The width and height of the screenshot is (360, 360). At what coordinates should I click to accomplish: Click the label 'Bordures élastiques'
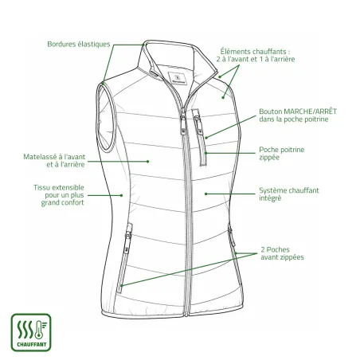pyautogui.click(x=79, y=44)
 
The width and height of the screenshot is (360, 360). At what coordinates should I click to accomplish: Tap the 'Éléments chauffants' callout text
pyautogui.click(x=256, y=55)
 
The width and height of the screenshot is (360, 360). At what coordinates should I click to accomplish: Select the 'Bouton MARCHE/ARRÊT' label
pyautogui.click(x=298, y=115)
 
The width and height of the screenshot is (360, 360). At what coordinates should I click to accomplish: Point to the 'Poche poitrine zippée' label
pyautogui.click(x=282, y=154)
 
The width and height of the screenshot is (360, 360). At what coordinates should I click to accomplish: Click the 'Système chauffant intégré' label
pyautogui.click(x=289, y=194)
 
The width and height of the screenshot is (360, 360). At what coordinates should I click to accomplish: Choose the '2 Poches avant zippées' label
pyautogui.click(x=282, y=253)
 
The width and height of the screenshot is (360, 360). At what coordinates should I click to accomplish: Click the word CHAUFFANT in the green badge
pyautogui.click(x=32, y=345)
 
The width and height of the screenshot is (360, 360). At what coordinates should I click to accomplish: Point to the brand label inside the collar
pyautogui.click(x=178, y=78)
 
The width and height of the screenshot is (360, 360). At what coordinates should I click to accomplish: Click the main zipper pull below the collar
pyautogui.click(x=183, y=123)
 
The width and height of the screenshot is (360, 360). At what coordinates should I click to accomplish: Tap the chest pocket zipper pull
pyautogui.click(x=198, y=125)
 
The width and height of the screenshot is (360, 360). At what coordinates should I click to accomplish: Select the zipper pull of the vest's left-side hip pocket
pyautogui.click(x=127, y=241)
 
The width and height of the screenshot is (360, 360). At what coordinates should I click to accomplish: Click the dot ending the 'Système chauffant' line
pyautogui.click(x=205, y=194)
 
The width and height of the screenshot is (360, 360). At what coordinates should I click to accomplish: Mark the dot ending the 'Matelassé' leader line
pyautogui.click(x=148, y=162)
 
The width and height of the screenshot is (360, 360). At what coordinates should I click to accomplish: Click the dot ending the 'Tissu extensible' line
pyautogui.click(x=121, y=195)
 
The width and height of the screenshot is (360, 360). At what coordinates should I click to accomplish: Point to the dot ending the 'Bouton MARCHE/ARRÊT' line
pyautogui.click(x=206, y=138)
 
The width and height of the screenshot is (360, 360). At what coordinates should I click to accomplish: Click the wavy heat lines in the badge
pyautogui.click(x=25, y=330)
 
